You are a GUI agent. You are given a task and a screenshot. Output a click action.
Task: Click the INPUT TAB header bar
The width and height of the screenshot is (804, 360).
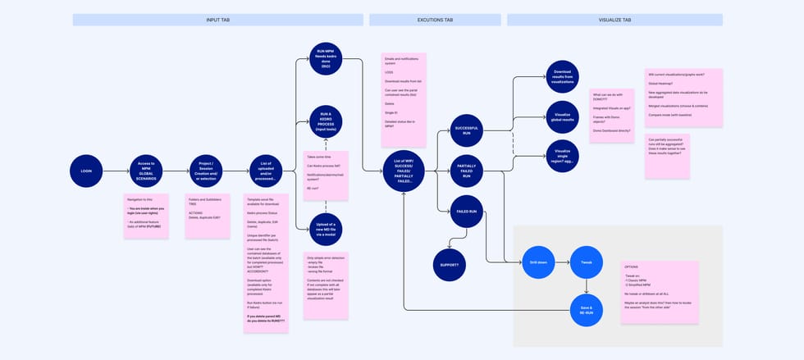click(217, 20)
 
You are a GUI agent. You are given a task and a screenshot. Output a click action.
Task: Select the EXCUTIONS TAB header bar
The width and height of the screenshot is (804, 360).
click(434, 20)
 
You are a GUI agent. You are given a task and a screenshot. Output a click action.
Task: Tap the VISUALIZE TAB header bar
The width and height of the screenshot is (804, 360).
click(614, 20)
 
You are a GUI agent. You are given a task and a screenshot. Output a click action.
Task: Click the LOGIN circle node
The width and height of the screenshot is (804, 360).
click(86, 171)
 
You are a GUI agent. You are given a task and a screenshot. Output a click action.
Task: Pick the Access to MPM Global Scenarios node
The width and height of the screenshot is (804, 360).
click(147, 171)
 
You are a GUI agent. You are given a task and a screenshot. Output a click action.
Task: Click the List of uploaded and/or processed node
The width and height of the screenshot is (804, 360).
click(266, 171)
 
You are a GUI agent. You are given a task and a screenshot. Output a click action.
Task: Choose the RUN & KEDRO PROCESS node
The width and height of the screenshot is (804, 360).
click(326, 121)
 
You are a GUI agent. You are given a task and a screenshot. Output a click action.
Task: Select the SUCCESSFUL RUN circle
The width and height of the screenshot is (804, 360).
click(465, 130)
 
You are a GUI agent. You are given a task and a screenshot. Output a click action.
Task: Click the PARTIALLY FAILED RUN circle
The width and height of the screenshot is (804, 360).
click(466, 171)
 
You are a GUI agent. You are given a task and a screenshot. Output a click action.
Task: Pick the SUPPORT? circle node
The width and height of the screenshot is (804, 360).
click(449, 265)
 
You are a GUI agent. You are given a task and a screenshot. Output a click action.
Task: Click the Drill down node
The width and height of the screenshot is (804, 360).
click(537, 262)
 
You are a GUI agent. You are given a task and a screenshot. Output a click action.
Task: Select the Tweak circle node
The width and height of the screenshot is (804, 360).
click(586, 262)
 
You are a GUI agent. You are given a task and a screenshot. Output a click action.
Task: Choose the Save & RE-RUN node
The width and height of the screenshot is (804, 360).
click(586, 310)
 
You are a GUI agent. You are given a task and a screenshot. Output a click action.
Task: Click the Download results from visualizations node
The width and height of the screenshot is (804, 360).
click(562, 75)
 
